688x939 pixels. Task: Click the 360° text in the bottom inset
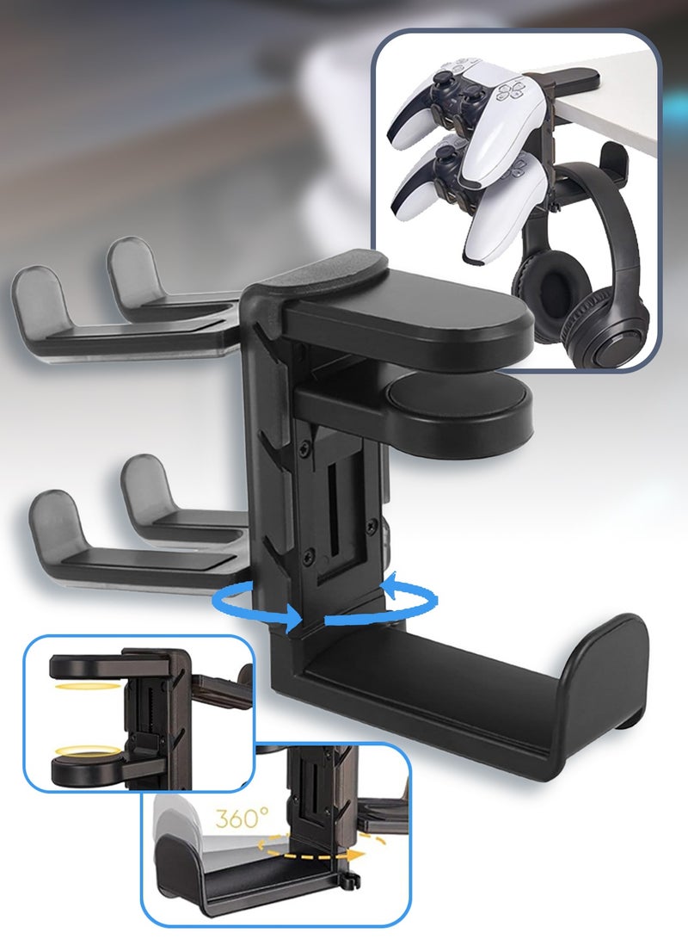point(242,818)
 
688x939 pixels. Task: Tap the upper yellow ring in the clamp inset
point(75,684)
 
